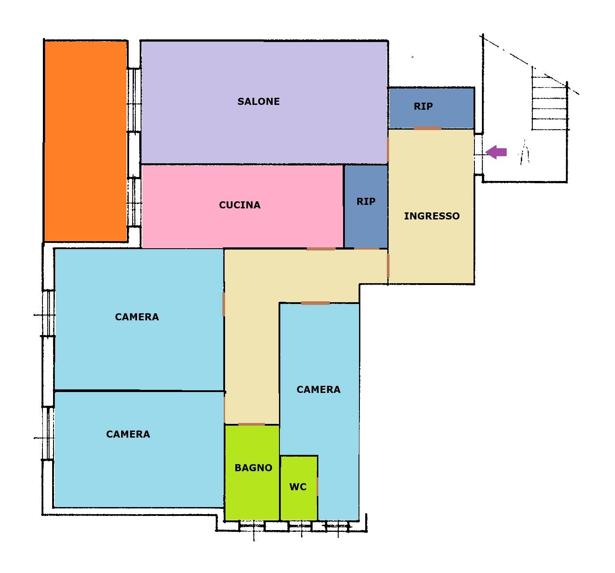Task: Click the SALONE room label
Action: tap(258, 101)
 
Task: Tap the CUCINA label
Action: tap(239, 205)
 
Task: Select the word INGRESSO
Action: tap(432, 216)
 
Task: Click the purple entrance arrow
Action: tap(496, 152)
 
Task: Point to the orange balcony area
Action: tap(85, 141)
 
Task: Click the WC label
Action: tap(298, 487)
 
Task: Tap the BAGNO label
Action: tap(253, 468)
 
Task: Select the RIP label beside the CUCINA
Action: tap(366, 201)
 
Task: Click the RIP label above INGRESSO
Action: tap(423, 106)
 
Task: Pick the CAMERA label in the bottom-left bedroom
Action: tap(128, 434)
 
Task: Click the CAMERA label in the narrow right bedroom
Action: tap(318, 389)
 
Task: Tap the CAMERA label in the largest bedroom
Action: tap(137, 317)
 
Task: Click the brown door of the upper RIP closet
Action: tap(428, 128)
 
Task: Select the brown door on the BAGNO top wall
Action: tap(251, 424)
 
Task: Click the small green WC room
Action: tap(298, 488)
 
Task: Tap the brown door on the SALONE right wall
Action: tap(388, 149)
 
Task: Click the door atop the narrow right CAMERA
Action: tap(315, 303)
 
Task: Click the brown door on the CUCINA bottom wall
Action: tap(321, 249)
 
